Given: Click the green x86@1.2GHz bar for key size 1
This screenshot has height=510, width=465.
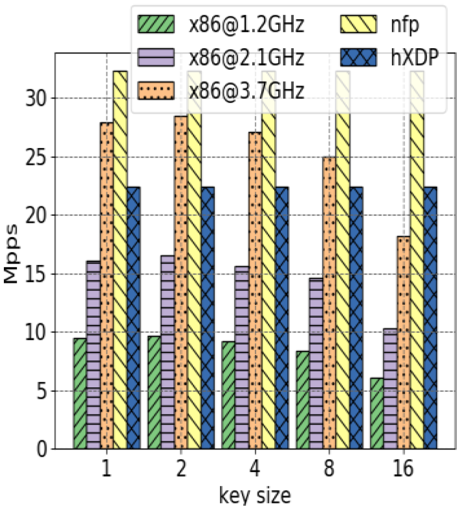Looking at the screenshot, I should point(80,394).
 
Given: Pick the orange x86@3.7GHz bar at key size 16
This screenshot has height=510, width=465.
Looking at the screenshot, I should point(403,343).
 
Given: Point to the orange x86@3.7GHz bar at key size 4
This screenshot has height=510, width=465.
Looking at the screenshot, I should point(255,291).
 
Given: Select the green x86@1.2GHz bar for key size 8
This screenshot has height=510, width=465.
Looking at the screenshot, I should point(303,400).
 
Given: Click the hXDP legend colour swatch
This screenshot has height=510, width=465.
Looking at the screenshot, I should point(359,58).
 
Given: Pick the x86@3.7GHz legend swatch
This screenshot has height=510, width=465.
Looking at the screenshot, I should point(156,90).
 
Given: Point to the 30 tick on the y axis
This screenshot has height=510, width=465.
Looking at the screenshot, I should point(36,99).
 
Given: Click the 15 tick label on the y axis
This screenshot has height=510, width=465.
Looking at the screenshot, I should point(36,274).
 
